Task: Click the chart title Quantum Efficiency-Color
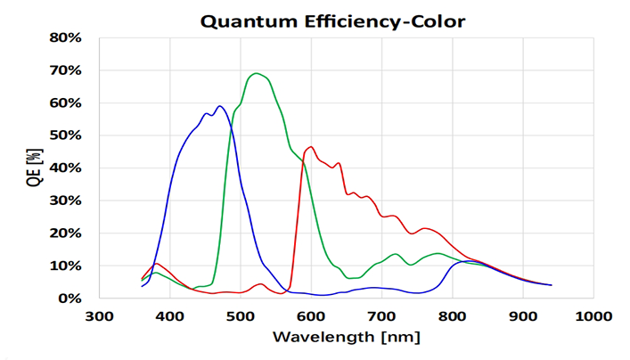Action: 331,20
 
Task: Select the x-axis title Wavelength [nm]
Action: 346,338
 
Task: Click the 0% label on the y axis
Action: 71,299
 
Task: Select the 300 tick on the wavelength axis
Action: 99,316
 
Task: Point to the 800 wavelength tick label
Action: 452,316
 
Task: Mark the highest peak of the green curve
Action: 257,73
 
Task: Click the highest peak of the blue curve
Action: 219,106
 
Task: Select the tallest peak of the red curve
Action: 310,147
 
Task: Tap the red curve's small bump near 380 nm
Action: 157,264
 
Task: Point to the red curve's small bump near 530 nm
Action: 260,284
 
